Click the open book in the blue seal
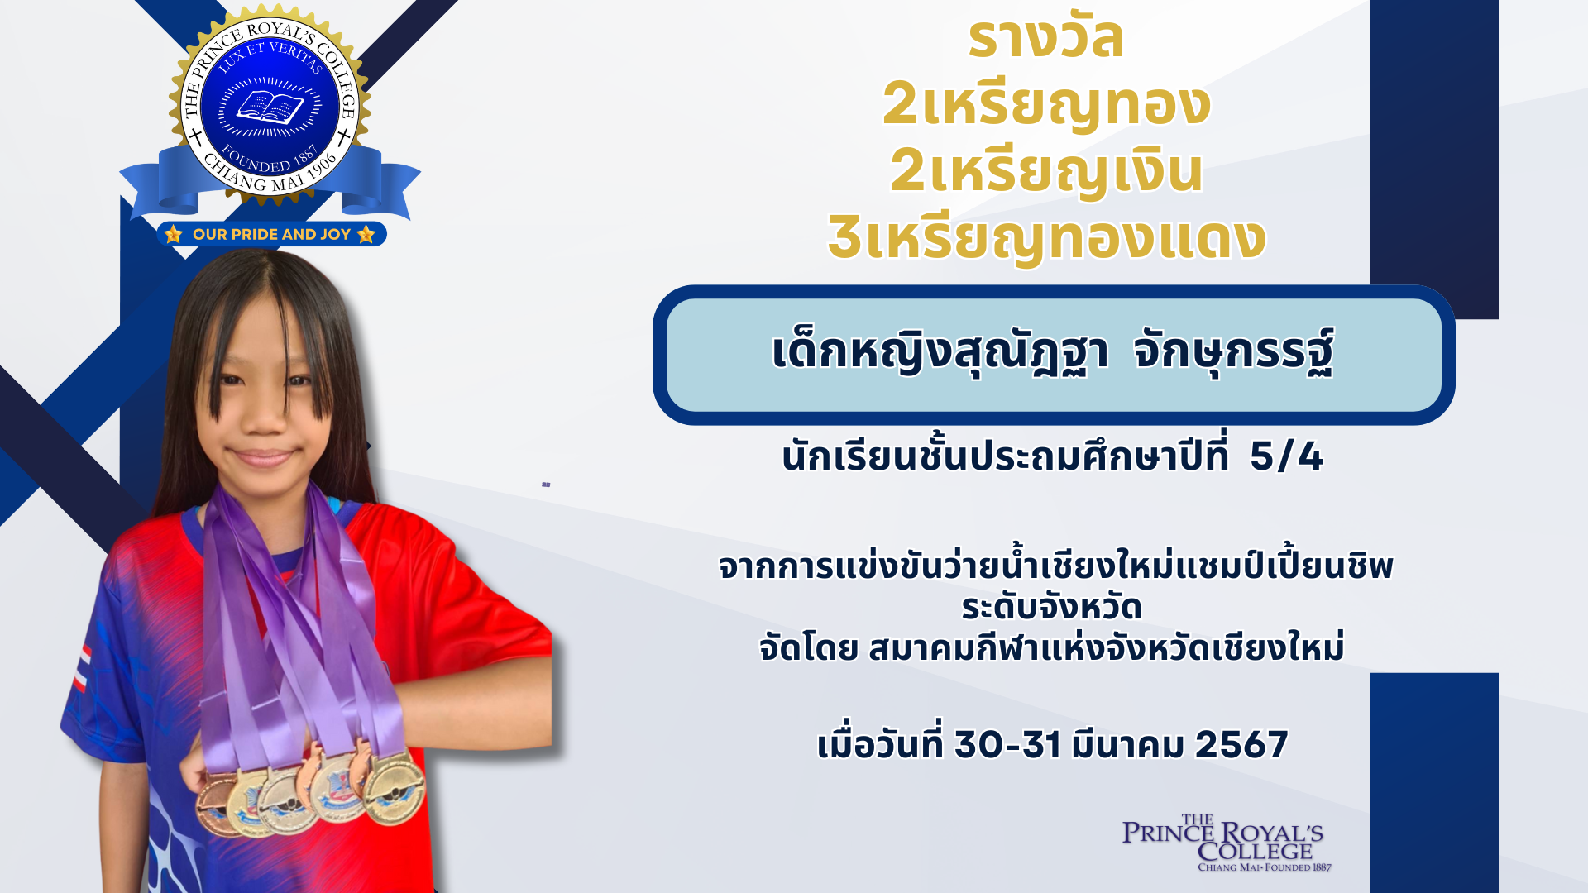[x=270, y=107]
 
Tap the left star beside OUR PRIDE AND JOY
[x=174, y=235]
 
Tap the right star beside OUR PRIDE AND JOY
[x=366, y=235]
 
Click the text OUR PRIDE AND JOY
[x=272, y=235]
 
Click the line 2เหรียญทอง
[x=1046, y=105]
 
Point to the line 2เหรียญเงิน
[x=1046, y=170]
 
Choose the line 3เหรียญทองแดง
[x=1047, y=238]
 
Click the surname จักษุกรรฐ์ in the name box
[x=1233, y=352]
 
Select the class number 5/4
[x=1286, y=456]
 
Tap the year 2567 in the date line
[x=1241, y=745]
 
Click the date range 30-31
[x=1007, y=745]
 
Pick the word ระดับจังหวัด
[x=1051, y=608]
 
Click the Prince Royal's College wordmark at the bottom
[x=1224, y=843]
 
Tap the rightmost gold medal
[x=394, y=790]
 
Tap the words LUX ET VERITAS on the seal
[x=270, y=56]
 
